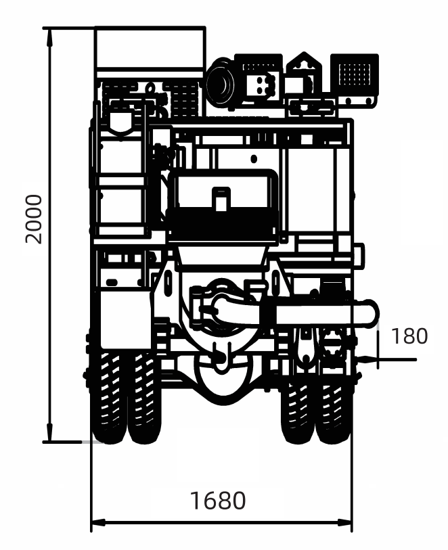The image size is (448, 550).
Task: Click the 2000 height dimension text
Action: tap(32, 219)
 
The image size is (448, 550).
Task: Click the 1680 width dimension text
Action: tap(217, 501)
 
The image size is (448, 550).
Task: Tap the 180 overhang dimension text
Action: tap(409, 336)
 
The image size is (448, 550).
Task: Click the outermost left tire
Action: tap(109, 399)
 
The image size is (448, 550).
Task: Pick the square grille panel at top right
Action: tap(352, 74)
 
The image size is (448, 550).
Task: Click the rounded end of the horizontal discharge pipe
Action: tap(369, 314)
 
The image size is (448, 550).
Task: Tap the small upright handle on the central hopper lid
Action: tap(221, 199)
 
